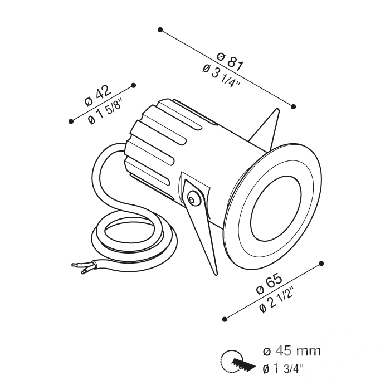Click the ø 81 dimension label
[230, 62]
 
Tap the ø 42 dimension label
[97, 96]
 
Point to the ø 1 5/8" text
[105, 113]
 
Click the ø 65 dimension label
[269, 284]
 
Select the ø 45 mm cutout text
[291, 351]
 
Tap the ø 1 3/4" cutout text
[283, 369]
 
